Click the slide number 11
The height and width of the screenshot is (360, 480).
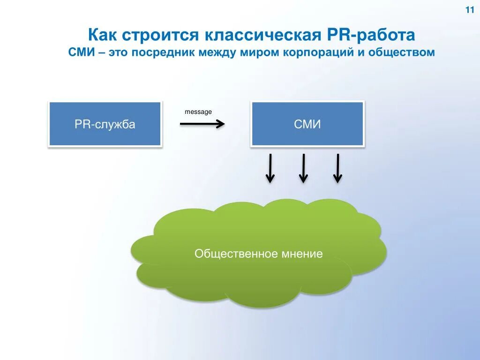pyautogui.click(x=470, y=11)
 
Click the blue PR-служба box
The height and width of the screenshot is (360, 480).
pyautogui.click(x=105, y=124)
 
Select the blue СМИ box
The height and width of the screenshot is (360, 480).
pyautogui.click(x=307, y=124)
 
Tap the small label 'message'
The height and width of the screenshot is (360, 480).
pyautogui.click(x=198, y=112)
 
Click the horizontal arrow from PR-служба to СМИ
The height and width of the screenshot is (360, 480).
pyautogui.click(x=202, y=124)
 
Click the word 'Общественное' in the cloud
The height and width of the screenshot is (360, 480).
pyautogui.click(x=230, y=254)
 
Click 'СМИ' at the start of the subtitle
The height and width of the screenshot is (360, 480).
pyautogui.click(x=82, y=52)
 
